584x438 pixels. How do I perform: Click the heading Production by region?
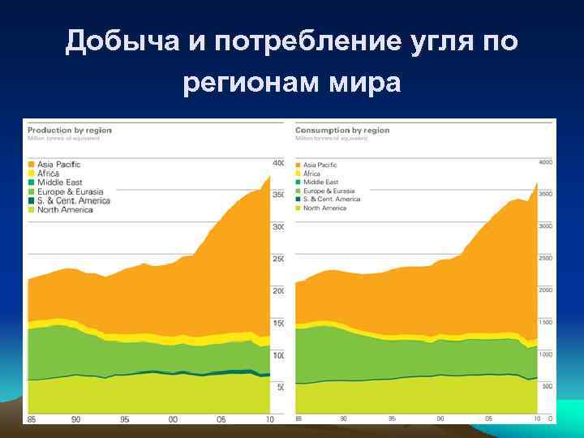(x=70, y=130)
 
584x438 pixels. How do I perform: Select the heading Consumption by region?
(x=342, y=130)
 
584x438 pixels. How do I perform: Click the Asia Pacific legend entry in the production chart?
(x=58, y=165)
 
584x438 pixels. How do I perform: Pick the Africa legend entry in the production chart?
(x=49, y=174)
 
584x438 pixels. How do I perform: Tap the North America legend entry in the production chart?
(x=65, y=210)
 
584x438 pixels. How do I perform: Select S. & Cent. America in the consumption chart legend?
(x=332, y=200)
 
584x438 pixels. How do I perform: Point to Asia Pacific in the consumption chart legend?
(x=320, y=165)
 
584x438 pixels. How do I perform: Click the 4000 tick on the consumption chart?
(x=544, y=163)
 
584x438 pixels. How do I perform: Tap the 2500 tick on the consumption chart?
(x=544, y=258)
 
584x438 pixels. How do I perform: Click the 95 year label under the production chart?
(x=125, y=419)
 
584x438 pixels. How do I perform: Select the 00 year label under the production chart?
(x=173, y=419)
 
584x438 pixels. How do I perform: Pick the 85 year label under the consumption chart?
(x=298, y=419)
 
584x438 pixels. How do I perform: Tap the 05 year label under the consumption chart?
(x=488, y=419)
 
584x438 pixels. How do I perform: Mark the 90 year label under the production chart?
(x=75, y=419)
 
